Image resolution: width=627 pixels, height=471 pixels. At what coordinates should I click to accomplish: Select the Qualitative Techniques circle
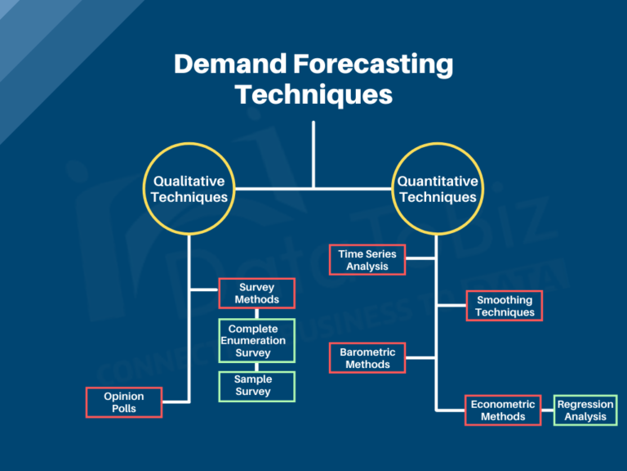(189, 189)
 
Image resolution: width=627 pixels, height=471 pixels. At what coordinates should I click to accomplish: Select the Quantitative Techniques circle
(437, 189)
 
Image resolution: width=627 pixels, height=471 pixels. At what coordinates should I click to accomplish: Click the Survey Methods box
(256, 294)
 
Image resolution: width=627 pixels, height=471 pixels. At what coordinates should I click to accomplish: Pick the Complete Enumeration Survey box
(256, 341)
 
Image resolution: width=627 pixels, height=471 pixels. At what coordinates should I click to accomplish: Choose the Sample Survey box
(256, 386)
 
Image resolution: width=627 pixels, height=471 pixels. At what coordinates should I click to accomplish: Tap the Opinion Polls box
(124, 402)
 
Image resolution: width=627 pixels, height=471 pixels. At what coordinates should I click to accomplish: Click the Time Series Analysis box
(367, 260)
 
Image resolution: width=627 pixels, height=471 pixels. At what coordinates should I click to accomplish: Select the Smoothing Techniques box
(505, 307)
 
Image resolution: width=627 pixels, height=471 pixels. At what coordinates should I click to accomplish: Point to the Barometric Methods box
(367, 358)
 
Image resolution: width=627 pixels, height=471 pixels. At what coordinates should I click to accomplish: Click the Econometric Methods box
(503, 410)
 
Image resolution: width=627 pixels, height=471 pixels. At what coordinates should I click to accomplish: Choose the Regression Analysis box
(585, 410)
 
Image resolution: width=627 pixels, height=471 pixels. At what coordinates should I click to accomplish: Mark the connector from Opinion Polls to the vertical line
(176, 401)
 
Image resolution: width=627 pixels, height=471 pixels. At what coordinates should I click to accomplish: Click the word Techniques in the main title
(313, 94)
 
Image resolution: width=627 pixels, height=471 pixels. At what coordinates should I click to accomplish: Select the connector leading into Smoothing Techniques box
(451, 306)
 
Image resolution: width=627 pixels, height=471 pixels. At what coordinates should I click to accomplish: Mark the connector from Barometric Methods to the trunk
(421, 357)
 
